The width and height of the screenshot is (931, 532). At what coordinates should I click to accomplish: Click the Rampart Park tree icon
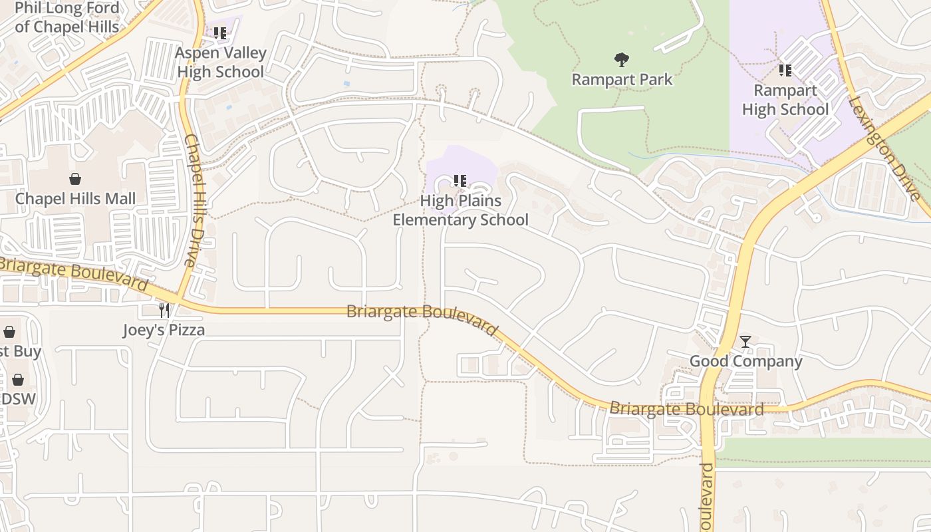622,60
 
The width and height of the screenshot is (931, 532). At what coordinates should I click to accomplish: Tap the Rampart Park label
622,80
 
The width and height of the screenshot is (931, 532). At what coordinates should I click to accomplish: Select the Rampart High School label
785,100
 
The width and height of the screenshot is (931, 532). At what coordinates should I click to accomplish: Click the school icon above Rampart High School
785,70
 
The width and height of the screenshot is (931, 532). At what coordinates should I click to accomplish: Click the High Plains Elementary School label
460,210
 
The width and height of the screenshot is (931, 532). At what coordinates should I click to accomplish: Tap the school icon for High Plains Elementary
460,180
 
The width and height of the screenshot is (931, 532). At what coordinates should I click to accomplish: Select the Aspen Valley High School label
220,63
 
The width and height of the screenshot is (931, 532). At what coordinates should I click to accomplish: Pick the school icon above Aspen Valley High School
220,33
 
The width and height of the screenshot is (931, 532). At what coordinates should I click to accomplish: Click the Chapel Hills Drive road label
197,199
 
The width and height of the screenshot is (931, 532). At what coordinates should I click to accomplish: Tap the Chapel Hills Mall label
75,199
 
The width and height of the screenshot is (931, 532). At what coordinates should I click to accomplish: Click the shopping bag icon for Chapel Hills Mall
75,179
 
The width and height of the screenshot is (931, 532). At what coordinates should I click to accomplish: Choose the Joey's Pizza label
164,330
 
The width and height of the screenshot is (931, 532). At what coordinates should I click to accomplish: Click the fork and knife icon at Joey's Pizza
164,310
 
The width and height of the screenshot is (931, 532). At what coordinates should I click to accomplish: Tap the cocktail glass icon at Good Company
745,342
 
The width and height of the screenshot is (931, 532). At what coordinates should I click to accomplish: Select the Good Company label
745,361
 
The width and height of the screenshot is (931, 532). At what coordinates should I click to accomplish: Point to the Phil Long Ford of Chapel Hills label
66,18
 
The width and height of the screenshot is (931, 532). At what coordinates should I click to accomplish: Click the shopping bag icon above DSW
18,380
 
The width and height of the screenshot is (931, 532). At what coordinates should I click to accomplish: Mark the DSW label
18,399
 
